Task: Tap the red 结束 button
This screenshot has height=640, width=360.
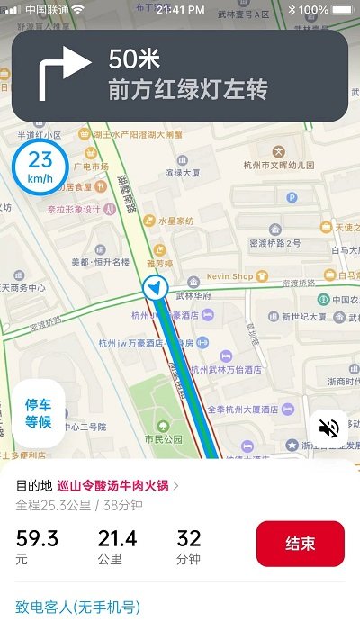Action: coord(300,544)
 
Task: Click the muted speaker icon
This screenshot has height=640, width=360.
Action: coord(328,428)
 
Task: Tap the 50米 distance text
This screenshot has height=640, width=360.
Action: coord(134,60)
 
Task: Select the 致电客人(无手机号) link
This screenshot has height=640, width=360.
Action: coord(78,607)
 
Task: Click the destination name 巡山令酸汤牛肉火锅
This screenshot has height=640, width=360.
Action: coord(113,485)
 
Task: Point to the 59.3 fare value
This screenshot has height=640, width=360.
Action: coord(37,538)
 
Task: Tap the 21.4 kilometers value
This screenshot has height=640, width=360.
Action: coord(117,538)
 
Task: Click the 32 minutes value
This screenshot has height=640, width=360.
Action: coord(189,538)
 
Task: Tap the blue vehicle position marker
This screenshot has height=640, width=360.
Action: coord(156,288)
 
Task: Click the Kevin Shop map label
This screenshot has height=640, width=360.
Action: coord(229,276)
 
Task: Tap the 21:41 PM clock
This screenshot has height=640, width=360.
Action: coord(180,9)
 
